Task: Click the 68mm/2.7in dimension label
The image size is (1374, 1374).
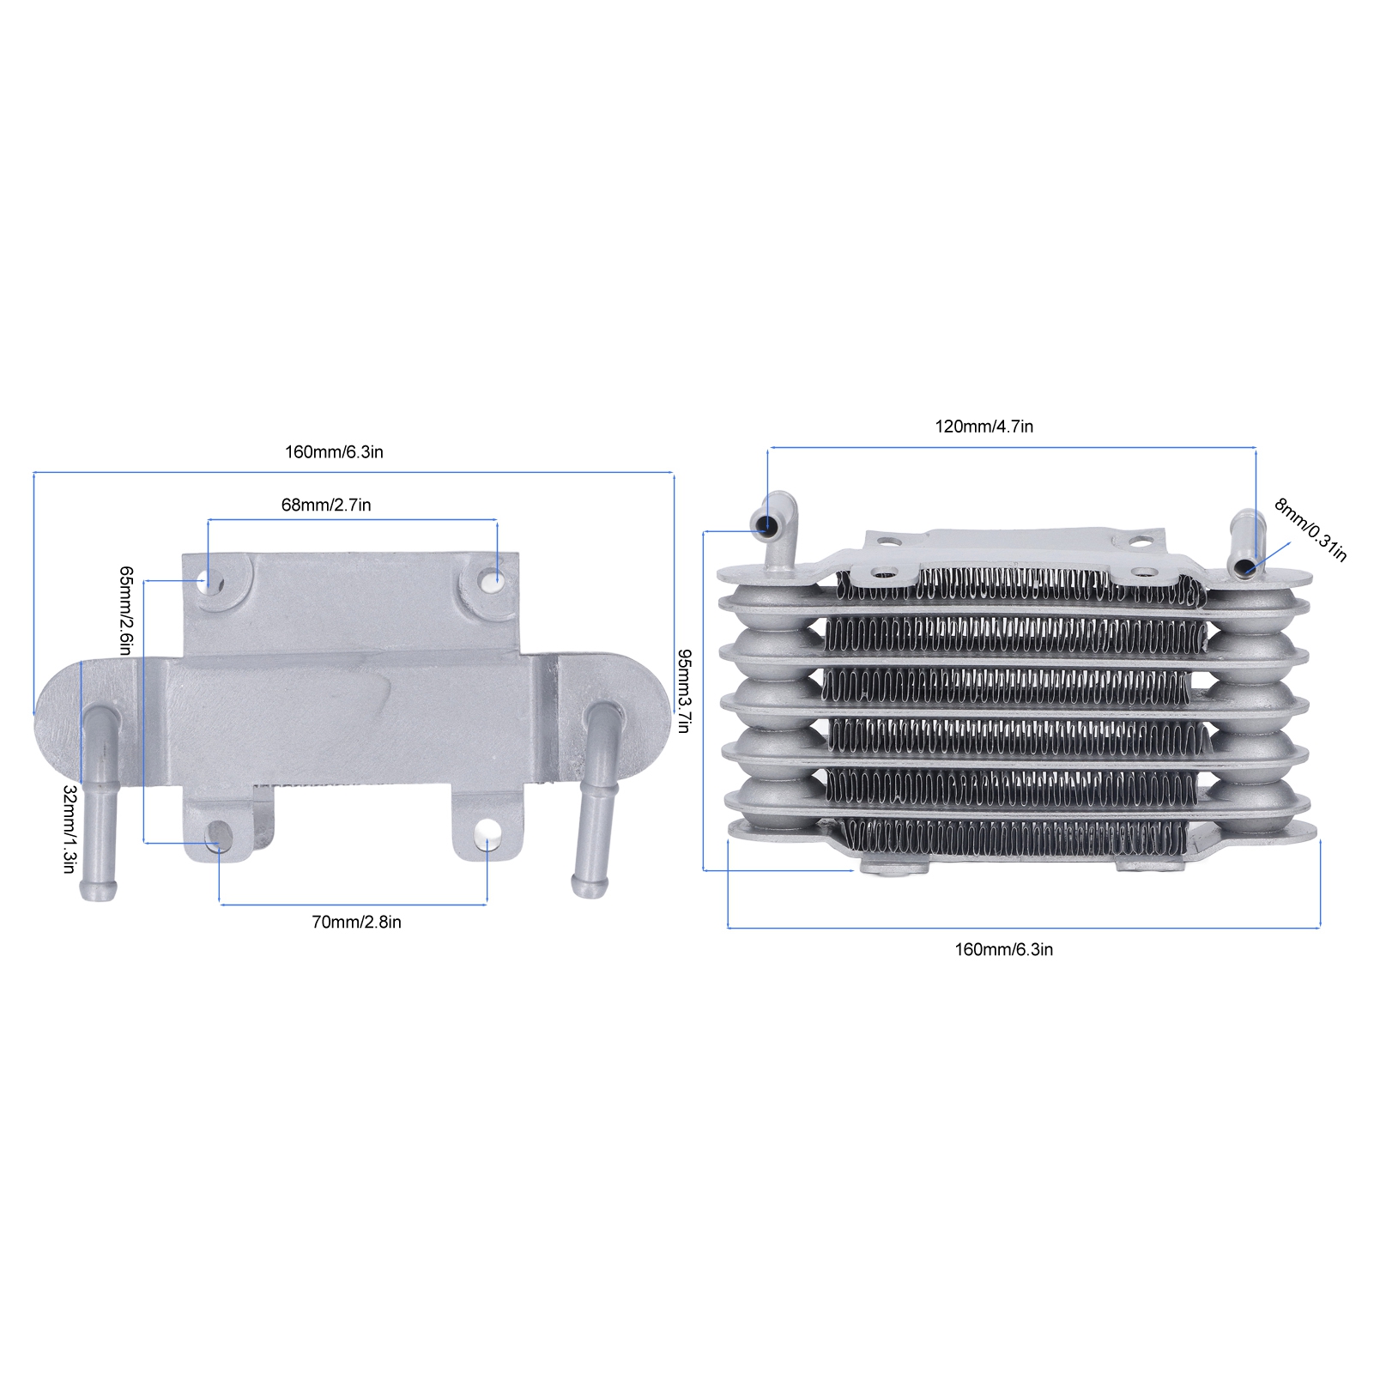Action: (326, 505)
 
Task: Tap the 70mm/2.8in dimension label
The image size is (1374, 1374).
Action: (356, 922)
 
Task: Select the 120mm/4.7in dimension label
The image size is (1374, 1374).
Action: (984, 427)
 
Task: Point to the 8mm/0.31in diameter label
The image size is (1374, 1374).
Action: (1310, 530)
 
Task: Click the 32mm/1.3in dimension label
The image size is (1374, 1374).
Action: (70, 829)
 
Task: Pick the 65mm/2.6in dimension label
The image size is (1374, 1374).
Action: (125, 610)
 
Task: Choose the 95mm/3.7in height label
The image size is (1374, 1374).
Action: (683, 690)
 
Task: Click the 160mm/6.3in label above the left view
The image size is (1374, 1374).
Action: (334, 452)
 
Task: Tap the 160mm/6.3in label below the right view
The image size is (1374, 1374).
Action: (1004, 949)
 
